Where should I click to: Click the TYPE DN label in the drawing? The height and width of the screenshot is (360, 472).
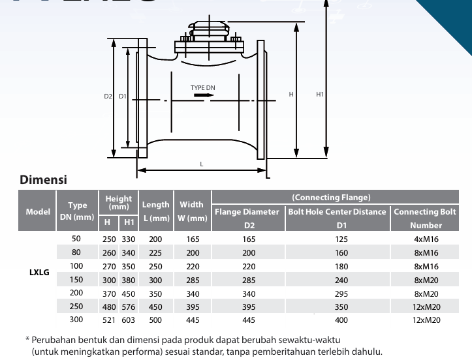(202, 88)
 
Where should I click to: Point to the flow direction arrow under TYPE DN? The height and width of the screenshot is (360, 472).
(204, 95)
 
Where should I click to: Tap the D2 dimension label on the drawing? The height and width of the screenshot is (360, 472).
(108, 97)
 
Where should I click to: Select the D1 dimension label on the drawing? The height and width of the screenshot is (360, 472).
(123, 97)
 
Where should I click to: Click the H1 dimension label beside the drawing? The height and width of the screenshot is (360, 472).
(320, 95)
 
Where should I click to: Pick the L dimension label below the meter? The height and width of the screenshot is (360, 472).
(201, 164)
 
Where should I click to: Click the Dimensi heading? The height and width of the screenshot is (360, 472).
(43, 179)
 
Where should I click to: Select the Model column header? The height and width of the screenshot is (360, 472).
(38, 212)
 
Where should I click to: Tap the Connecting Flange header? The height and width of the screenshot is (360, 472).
(331, 198)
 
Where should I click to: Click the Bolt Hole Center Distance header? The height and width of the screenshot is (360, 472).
(337, 212)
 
